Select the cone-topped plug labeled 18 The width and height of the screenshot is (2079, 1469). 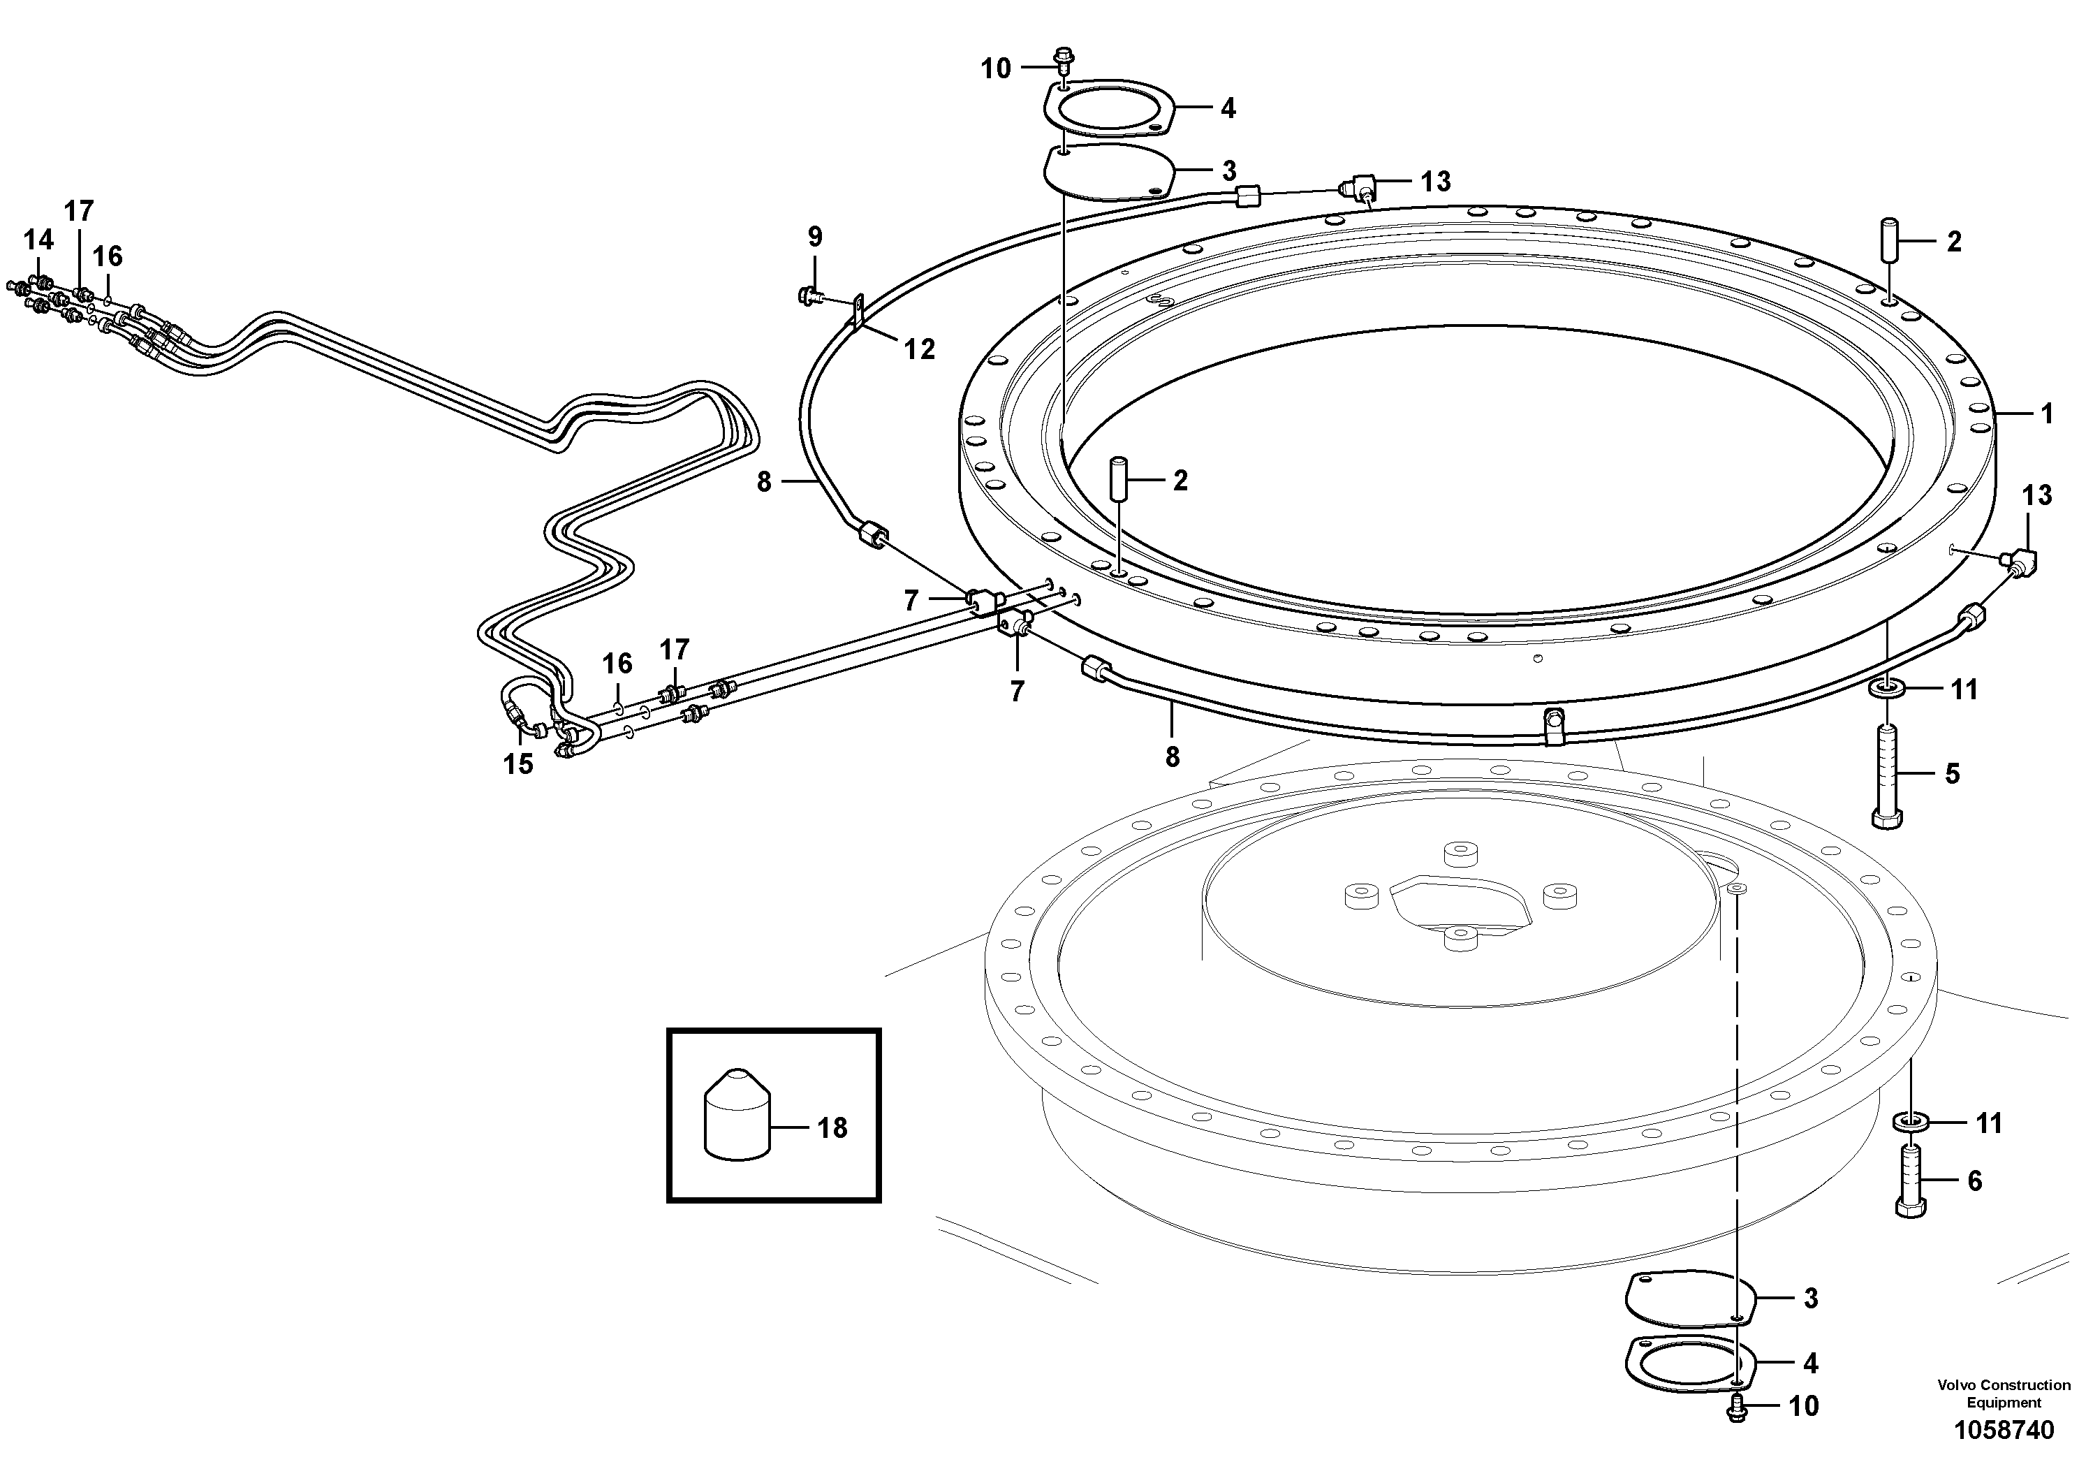pyautogui.click(x=737, y=1113)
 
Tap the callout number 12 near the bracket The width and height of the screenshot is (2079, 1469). pyautogui.click(x=919, y=349)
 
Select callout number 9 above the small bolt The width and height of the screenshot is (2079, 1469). pyautogui.click(x=815, y=237)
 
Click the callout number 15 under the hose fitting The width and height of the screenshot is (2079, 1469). pyautogui.click(x=518, y=764)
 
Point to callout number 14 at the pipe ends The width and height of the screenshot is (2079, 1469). pyautogui.click(x=38, y=240)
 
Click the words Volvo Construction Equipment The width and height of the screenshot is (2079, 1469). pyautogui.click(x=2003, y=1394)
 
